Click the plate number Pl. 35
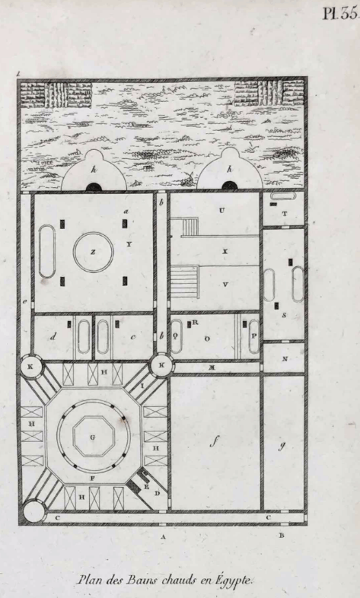[x=341, y=13]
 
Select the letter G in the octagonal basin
[x=92, y=437]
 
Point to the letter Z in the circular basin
[x=93, y=252]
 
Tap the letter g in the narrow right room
[x=282, y=445]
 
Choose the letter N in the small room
[x=285, y=359]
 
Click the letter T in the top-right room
[x=285, y=214]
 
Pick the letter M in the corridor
[x=212, y=367]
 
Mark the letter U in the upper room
[x=221, y=210]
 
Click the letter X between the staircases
[x=225, y=251]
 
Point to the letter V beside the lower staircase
[x=225, y=284]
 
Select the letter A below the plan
[x=163, y=536]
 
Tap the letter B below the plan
[x=282, y=536]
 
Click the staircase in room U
[x=190, y=227]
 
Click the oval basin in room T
[x=282, y=196]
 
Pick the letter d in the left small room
[x=53, y=337]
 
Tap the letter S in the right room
[x=284, y=316]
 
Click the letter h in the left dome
[x=94, y=170]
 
